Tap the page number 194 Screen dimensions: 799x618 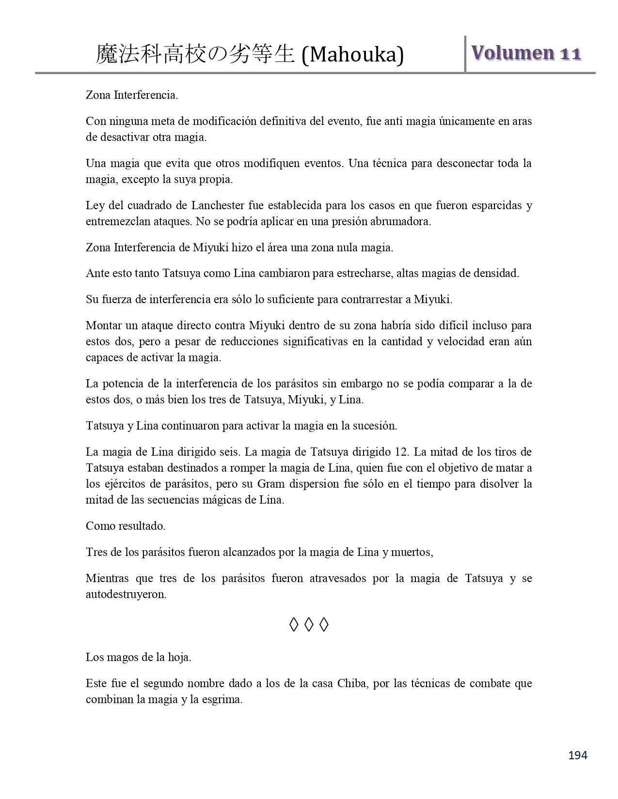point(578,755)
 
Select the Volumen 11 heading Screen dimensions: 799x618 point(526,53)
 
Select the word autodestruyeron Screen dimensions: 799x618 point(126,594)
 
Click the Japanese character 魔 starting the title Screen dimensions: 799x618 point(106,54)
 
